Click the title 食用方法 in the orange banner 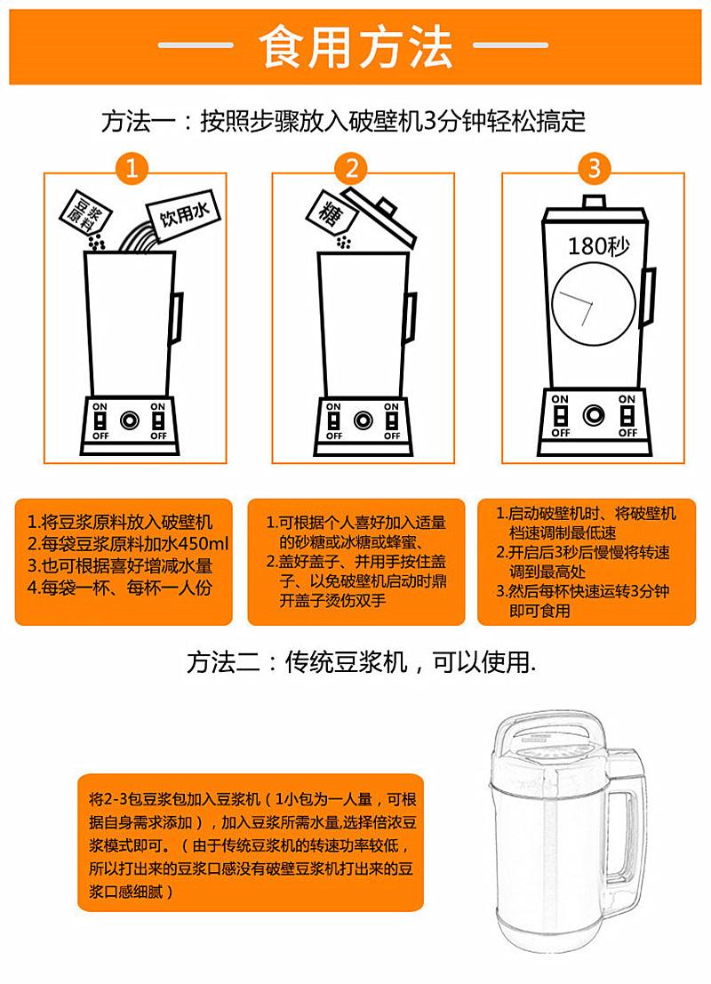(x=355, y=46)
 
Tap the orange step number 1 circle (x=132, y=169)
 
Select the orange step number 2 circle (x=352, y=169)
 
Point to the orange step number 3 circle (x=594, y=168)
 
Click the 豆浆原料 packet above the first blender (x=86, y=212)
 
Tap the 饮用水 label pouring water (x=183, y=214)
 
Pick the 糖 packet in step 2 (x=332, y=214)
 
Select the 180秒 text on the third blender (x=598, y=246)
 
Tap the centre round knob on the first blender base (x=130, y=420)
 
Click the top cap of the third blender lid (x=593, y=202)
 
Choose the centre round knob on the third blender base (x=593, y=415)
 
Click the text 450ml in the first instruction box (x=204, y=544)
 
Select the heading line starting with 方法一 (x=343, y=122)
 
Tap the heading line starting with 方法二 (x=362, y=662)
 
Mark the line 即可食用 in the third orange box (x=539, y=611)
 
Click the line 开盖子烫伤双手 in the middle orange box (x=332, y=601)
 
